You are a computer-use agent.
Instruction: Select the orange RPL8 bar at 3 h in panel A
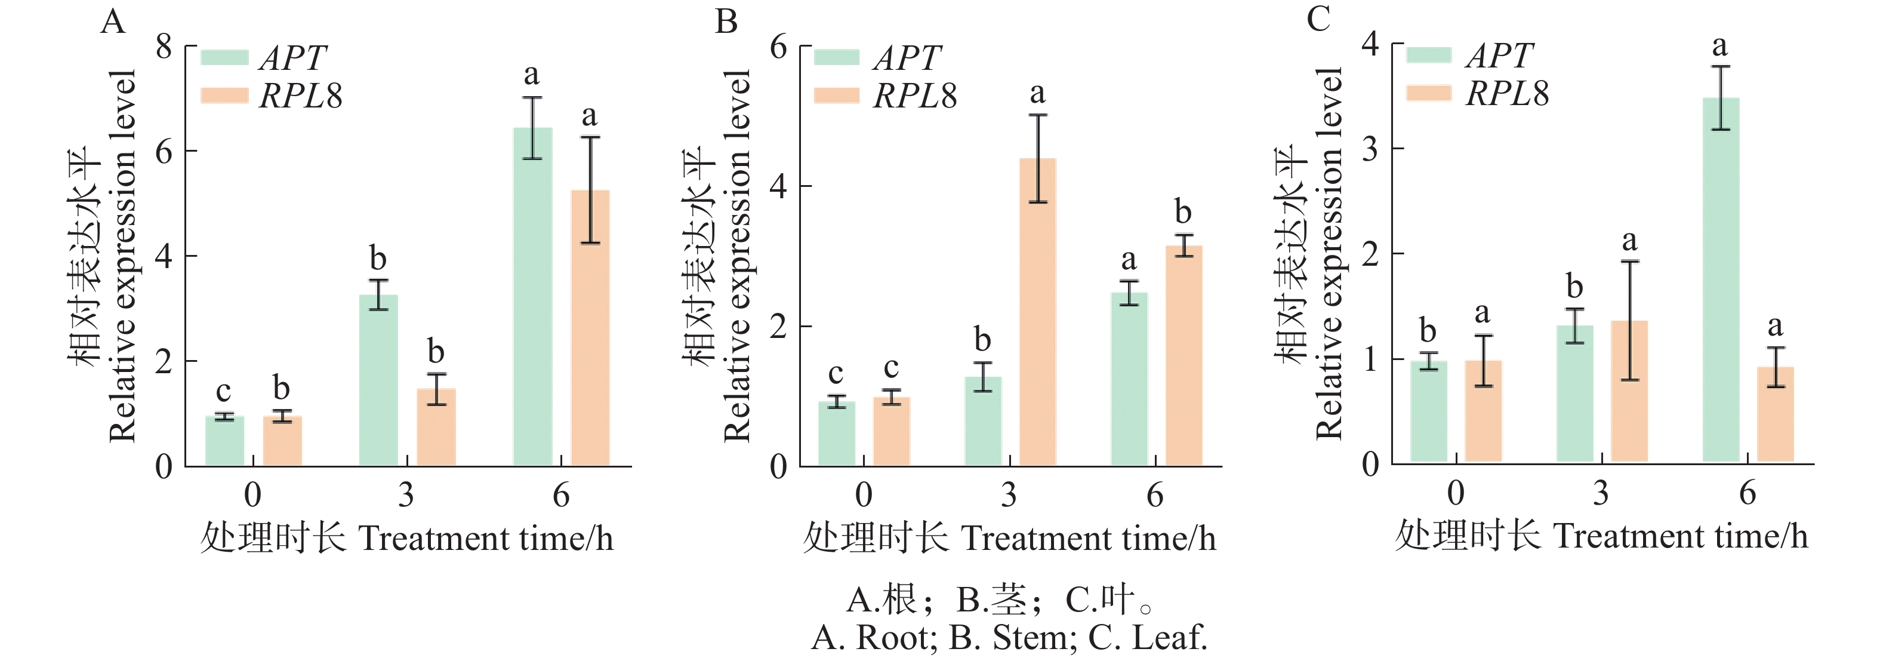coord(436,428)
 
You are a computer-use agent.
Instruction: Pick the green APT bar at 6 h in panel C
coord(1720,281)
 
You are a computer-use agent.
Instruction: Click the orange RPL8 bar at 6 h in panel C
coord(1775,414)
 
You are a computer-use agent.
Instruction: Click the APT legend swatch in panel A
coord(224,58)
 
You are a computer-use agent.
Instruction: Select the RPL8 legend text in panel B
coord(915,96)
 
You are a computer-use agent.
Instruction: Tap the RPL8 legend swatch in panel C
coord(1428,93)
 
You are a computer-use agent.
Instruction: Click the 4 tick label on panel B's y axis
coord(779,186)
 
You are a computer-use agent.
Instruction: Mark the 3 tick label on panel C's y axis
coord(1370,149)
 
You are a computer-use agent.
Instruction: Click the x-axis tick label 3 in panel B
coord(1009,495)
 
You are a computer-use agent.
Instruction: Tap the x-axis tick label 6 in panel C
coord(1747,493)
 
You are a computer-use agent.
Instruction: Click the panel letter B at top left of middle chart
coord(726,22)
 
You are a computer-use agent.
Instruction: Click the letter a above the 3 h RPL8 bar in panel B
coord(1037,93)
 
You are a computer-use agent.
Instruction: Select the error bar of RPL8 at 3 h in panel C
coord(1630,321)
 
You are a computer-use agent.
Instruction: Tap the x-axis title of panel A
coord(406,539)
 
